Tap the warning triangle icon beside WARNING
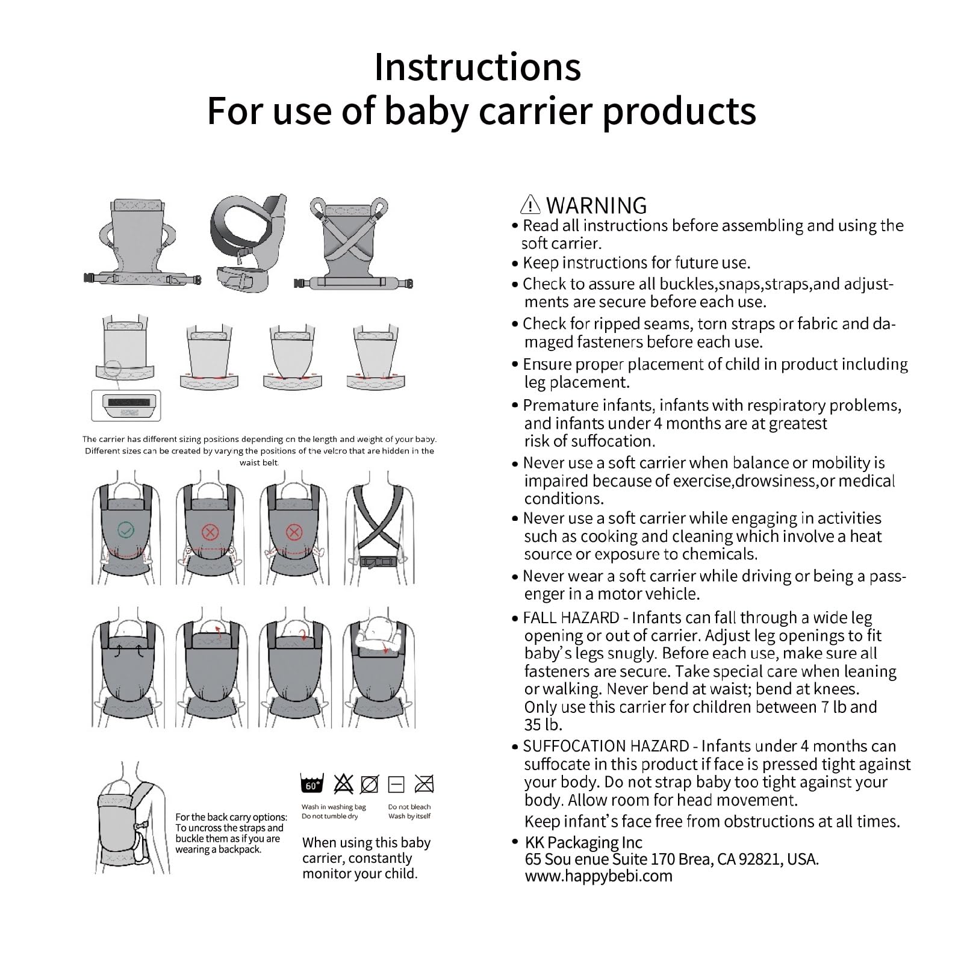click(530, 205)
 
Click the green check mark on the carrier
click(126, 530)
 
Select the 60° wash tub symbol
click(312, 783)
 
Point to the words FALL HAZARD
click(571, 618)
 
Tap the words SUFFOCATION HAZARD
click(606, 746)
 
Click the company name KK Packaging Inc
click(583, 842)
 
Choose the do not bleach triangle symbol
click(343, 783)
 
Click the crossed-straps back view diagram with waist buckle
click(379, 533)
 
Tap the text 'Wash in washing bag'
click(334, 807)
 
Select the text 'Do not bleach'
click(409, 807)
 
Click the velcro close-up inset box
click(126, 405)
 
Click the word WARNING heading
click(596, 205)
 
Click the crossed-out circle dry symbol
click(369, 784)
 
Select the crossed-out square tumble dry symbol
click(424, 784)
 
